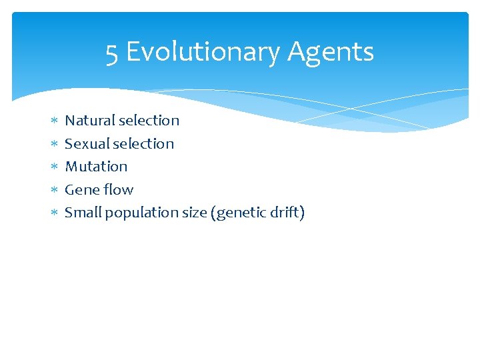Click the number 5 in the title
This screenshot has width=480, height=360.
[x=112, y=52]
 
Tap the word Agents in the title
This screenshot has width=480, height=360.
[x=331, y=52]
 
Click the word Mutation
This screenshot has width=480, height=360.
[x=96, y=167]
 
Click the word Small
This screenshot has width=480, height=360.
[x=83, y=213]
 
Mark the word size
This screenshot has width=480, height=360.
[x=193, y=213]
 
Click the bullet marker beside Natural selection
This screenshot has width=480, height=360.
[x=55, y=121]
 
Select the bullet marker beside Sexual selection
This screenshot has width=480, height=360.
[x=55, y=144]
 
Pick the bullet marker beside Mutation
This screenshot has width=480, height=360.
[x=55, y=167]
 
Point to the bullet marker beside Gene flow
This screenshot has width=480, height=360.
[x=55, y=191]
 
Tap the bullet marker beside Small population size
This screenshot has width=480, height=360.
[x=55, y=213]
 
